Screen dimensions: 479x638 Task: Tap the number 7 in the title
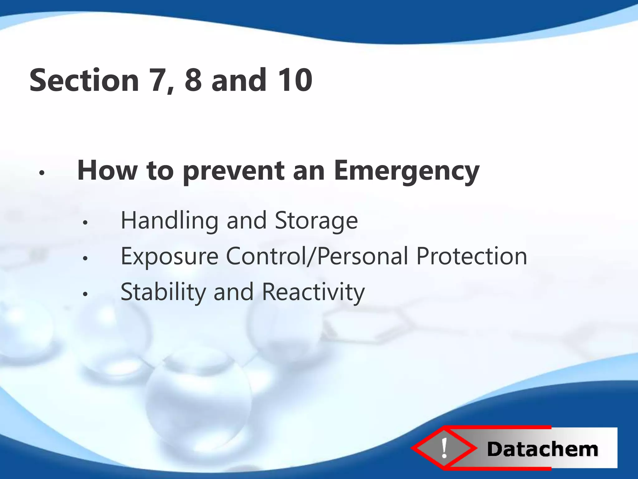[161, 80]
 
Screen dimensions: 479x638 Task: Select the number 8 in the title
[193, 80]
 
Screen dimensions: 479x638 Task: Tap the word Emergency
[406, 171]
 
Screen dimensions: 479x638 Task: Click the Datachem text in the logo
[542, 449]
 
